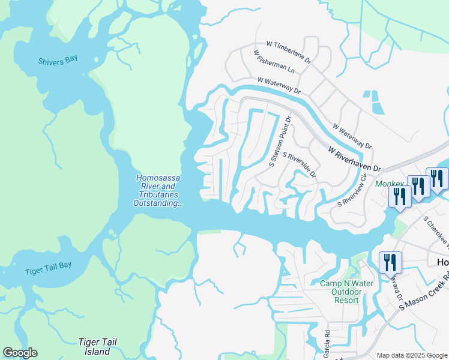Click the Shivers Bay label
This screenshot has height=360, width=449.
tap(58, 61)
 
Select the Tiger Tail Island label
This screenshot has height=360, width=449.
tap(97, 346)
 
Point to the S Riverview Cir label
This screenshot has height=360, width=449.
tap(352, 191)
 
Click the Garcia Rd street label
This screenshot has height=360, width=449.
tap(328, 341)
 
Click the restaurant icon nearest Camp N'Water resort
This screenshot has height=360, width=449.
tap(390, 262)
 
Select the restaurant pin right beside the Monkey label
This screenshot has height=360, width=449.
tap(400, 196)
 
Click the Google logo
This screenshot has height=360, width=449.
tap(20, 353)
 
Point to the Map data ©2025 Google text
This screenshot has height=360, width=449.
tap(412, 355)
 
